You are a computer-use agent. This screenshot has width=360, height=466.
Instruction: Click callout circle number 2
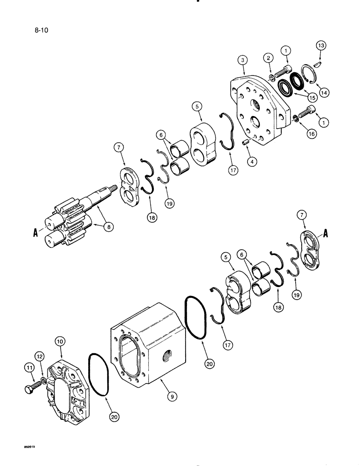click(x=268, y=58)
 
